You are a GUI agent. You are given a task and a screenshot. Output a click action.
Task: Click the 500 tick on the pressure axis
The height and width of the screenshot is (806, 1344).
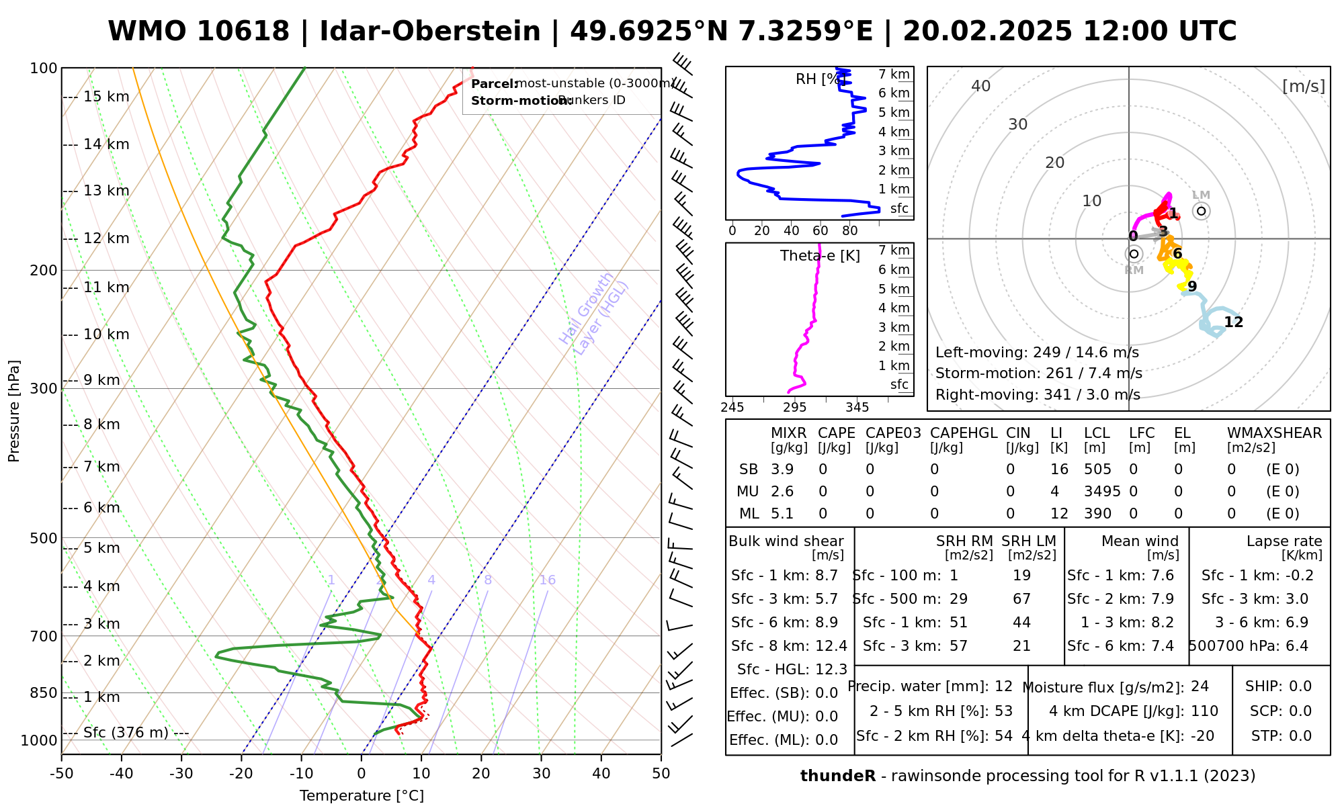click(x=44, y=538)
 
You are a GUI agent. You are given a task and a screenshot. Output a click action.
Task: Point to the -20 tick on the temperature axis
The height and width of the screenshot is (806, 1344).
click(x=241, y=774)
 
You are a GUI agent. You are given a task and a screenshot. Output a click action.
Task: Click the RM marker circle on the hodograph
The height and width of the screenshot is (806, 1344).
click(x=1134, y=254)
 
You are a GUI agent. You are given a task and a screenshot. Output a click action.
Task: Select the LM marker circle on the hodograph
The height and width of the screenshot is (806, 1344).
click(x=1202, y=211)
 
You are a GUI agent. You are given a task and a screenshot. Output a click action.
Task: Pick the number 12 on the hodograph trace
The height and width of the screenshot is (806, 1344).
click(x=1233, y=322)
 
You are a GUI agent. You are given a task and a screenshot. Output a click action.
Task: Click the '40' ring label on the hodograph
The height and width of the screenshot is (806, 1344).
click(x=981, y=86)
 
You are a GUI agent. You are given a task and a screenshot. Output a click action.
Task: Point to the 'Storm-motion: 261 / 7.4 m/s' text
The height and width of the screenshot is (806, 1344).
click(x=1038, y=373)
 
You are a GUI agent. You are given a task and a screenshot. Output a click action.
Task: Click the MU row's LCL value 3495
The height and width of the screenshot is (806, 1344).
click(x=1102, y=492)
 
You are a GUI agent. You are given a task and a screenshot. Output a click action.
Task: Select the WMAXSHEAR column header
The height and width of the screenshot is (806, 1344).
click(x=1274, y=433)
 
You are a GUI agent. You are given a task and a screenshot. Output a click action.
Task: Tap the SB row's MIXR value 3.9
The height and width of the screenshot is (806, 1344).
click(x=782, y=469)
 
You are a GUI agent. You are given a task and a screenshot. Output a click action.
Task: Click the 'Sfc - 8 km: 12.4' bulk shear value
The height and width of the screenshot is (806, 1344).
click(x=789, y=646)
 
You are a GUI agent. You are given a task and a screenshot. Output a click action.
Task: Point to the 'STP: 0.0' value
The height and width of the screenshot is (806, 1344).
click(x=1281, y=736)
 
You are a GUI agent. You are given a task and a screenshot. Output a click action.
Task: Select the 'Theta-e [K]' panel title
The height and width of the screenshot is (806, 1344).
click(x=820, y=256)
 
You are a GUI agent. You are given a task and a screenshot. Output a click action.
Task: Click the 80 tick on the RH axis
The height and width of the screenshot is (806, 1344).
click(x=850, y=231)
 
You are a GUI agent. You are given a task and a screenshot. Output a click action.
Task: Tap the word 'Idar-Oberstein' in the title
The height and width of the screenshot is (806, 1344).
click(x=430, y=32)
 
